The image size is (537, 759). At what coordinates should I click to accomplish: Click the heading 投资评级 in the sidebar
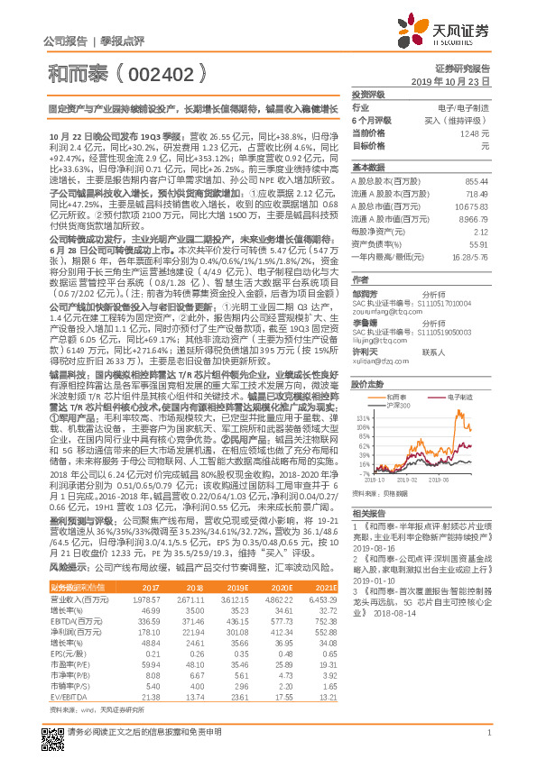pyautogui.click(x=367, y=94)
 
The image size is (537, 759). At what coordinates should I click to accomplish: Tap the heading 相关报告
pyautogui.click(x=367, y=510)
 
